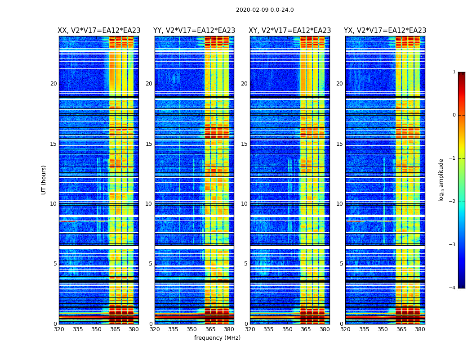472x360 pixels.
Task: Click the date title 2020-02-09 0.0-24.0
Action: [x=265, y=10]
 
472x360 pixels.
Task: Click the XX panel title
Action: [x=99, y=31]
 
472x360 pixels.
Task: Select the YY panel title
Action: [x=194, y=31]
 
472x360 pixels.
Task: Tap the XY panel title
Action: [x=290, y=31]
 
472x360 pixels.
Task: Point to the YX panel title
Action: [x=385, y=31]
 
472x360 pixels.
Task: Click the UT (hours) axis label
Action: [x=44, y=180]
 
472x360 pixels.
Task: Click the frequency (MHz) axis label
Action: [x=217, y=338]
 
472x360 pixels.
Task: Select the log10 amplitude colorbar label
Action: [x=441, y=180]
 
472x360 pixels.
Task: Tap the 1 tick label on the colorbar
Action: [x=454, y=72]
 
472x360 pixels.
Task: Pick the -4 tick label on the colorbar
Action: [x=453, y=288]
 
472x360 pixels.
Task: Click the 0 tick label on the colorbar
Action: [x=454, y=115]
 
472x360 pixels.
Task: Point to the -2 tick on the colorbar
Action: [x=453, y=202]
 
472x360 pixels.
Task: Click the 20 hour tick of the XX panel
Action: [x=53, y=84]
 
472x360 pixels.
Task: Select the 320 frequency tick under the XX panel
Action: [x=59, y=329]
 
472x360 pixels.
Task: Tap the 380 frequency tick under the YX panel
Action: [x=420, y=329]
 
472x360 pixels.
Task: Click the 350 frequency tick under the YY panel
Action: [x=192, y=329]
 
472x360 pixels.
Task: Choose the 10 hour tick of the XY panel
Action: [x=244, y=204]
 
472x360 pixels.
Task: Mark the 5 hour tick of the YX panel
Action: [x=342, y=264]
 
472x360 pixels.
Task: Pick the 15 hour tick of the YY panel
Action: [x=149, y=144]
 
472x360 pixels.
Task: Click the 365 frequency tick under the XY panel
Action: [x=306, y=329]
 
